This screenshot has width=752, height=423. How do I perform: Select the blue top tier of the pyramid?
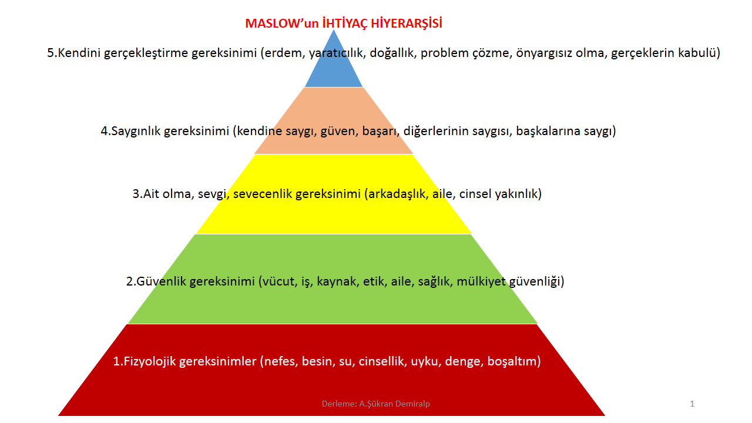[x=334, y=64]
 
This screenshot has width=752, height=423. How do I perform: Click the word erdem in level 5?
[x=284, y=53]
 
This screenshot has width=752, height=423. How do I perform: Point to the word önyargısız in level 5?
[x=544, y=53]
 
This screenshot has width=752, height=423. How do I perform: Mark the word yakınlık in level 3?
[x=518, y=194]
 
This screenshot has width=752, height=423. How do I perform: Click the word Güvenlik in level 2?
[x=161, y=281]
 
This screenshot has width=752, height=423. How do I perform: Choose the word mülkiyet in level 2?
[x=481, y=281]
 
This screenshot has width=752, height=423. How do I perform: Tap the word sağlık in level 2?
[x=435, y=281]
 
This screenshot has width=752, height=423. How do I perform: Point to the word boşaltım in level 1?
[x=513, y=361]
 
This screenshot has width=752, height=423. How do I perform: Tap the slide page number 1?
[x=692, y=404]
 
